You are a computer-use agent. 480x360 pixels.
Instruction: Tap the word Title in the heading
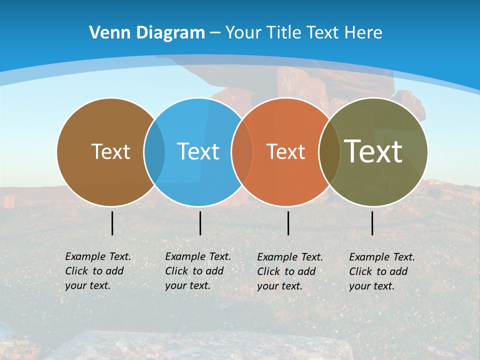point(283,33)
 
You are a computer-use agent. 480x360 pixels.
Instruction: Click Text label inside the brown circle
point(110,151)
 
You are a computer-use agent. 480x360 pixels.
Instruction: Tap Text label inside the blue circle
point(198,151)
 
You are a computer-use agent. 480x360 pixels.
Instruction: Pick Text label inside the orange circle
point(285,151)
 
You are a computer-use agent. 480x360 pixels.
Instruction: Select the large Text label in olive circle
point(373,151)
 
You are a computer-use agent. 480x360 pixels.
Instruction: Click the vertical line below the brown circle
point(112,223)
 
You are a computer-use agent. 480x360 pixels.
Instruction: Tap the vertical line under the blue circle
point(200,223)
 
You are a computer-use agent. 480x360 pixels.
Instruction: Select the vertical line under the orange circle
point(288,223)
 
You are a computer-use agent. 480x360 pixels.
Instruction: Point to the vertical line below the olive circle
point(372,223)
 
